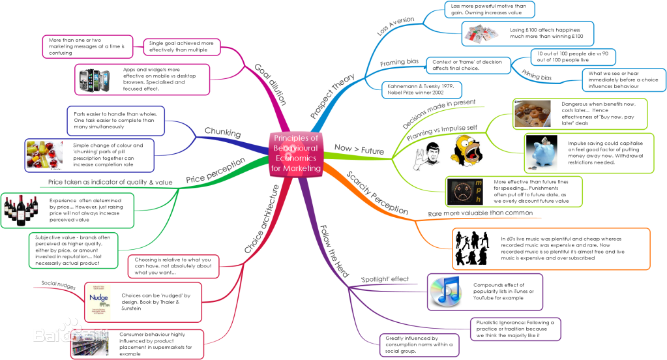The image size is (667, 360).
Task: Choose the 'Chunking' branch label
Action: (x=222, y=133)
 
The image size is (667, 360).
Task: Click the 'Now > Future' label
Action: (x=359, y=151)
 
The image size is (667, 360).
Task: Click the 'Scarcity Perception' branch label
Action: (x=378, y=194)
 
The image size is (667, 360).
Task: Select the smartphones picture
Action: (x=97, y=79)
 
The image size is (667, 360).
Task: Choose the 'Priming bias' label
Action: (x=537, y=78)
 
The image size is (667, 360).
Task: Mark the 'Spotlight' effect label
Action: (x=385, y=279)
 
